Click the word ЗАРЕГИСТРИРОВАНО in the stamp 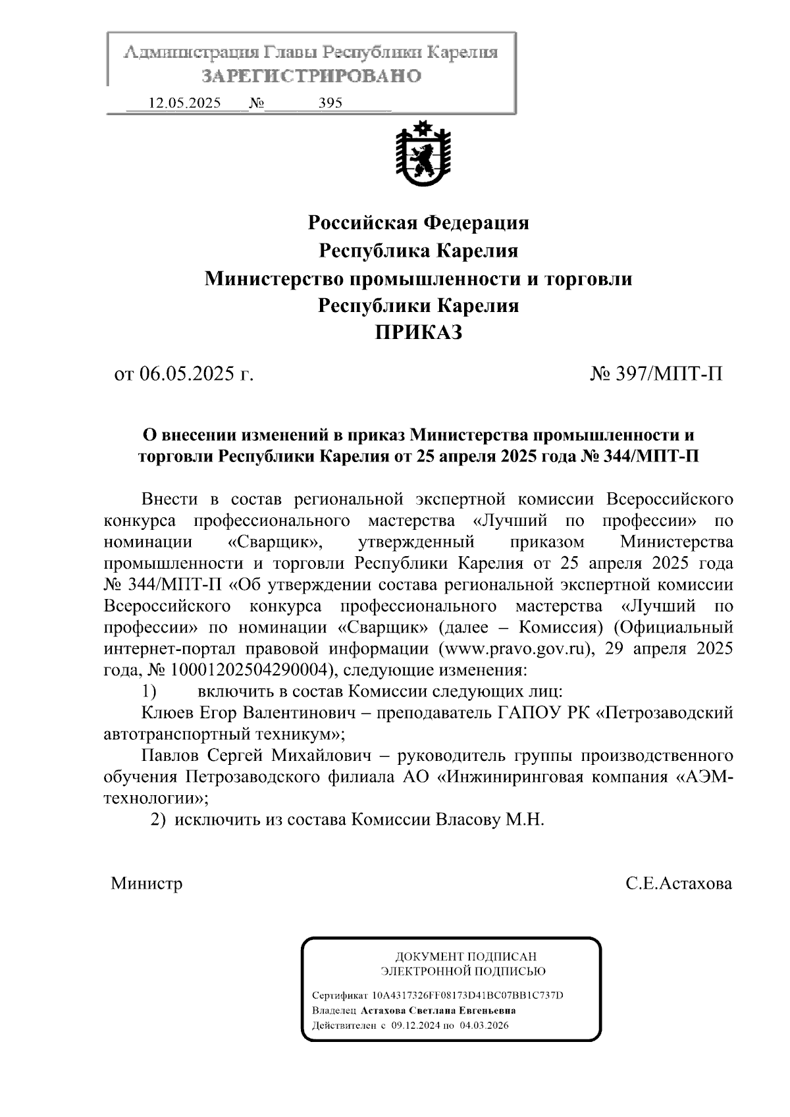click(311, 76)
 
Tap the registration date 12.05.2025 click(185, 103)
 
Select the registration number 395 click(330, 103)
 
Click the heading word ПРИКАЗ click(418, 333)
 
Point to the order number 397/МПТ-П click(669, 375)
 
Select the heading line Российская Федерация click(418, 223)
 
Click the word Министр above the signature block click(146, 883)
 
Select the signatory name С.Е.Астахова click(679, 883)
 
